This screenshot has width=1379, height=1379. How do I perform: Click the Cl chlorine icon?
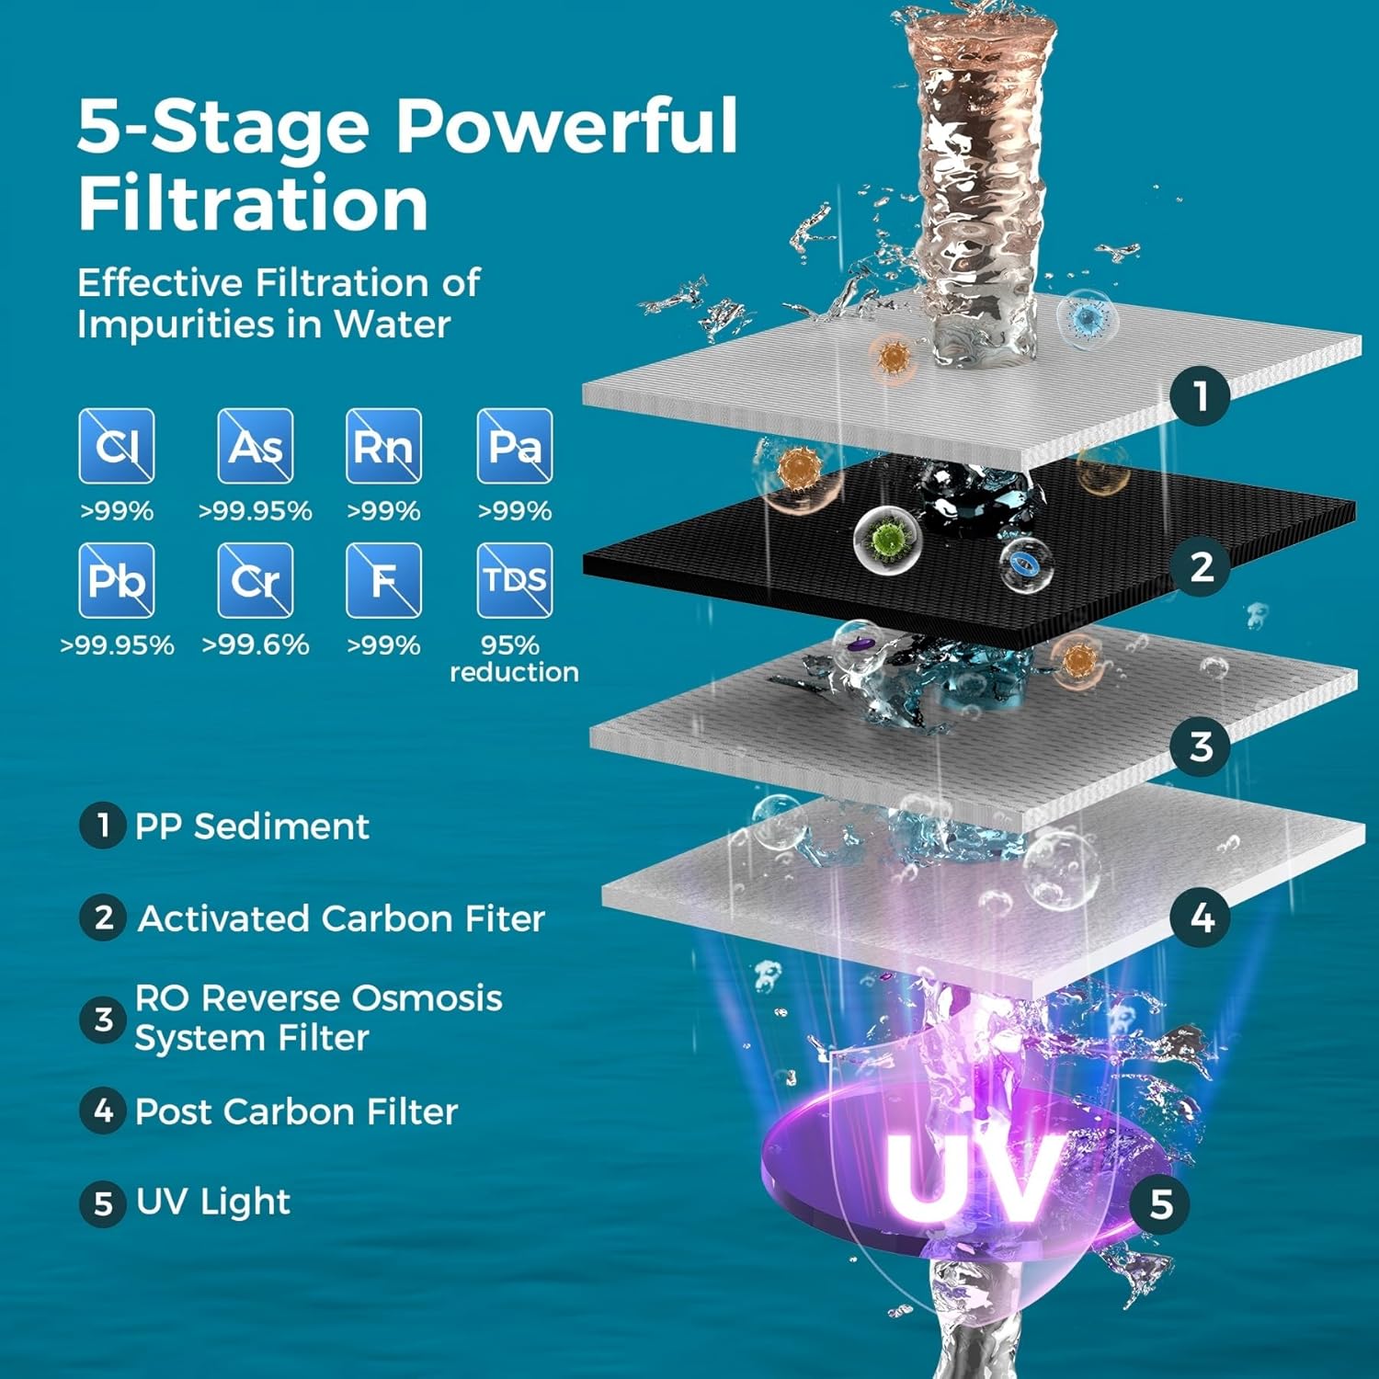117,446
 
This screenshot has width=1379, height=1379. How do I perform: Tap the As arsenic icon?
256,446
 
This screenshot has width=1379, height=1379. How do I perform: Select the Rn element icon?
383,446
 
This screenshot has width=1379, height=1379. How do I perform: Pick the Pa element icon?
515,446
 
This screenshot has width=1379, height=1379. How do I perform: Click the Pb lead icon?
117,580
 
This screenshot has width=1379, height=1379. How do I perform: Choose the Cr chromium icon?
256,580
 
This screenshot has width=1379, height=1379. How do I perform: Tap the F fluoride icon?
383,580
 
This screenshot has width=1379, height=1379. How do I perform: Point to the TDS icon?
515,580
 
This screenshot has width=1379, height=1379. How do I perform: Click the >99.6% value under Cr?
256,644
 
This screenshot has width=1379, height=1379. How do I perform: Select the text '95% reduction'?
514,658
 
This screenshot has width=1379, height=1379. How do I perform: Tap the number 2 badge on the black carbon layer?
1201,566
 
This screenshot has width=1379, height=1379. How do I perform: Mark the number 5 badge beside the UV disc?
1160,1203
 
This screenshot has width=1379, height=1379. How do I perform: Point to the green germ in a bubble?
887,539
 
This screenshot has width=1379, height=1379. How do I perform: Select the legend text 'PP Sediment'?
252,826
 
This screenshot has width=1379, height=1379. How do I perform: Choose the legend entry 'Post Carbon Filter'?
296,1111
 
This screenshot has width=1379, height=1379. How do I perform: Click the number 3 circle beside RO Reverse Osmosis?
103,1019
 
